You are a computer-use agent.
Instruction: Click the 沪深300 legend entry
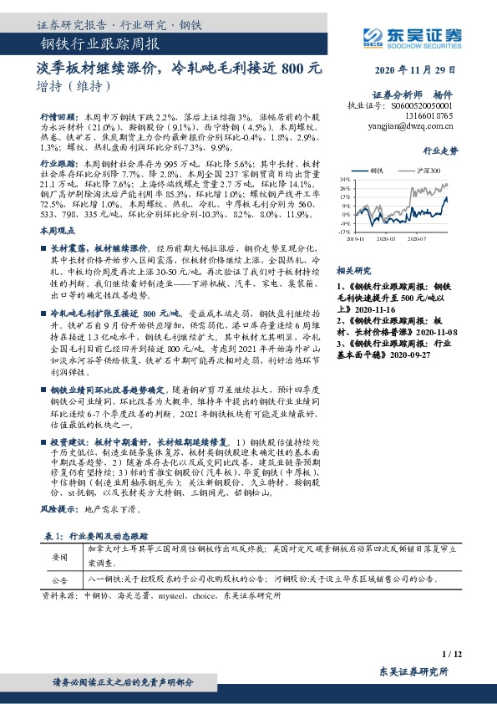[430, 170]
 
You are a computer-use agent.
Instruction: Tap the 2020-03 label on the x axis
[384, 239]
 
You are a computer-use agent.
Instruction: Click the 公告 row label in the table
[60, 579]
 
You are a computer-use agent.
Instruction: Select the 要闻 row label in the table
[60, 556]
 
